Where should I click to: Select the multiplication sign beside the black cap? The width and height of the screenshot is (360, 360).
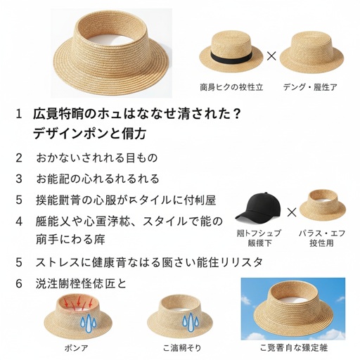(291, 212)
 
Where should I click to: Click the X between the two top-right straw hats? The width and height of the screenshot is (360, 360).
(271, 54)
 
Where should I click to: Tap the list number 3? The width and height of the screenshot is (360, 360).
(19, 179)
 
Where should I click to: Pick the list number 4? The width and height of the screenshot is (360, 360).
(19, 221)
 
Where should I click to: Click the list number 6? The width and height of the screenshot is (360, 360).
(19, 283)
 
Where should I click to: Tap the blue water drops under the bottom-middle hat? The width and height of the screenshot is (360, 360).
(191, 321)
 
